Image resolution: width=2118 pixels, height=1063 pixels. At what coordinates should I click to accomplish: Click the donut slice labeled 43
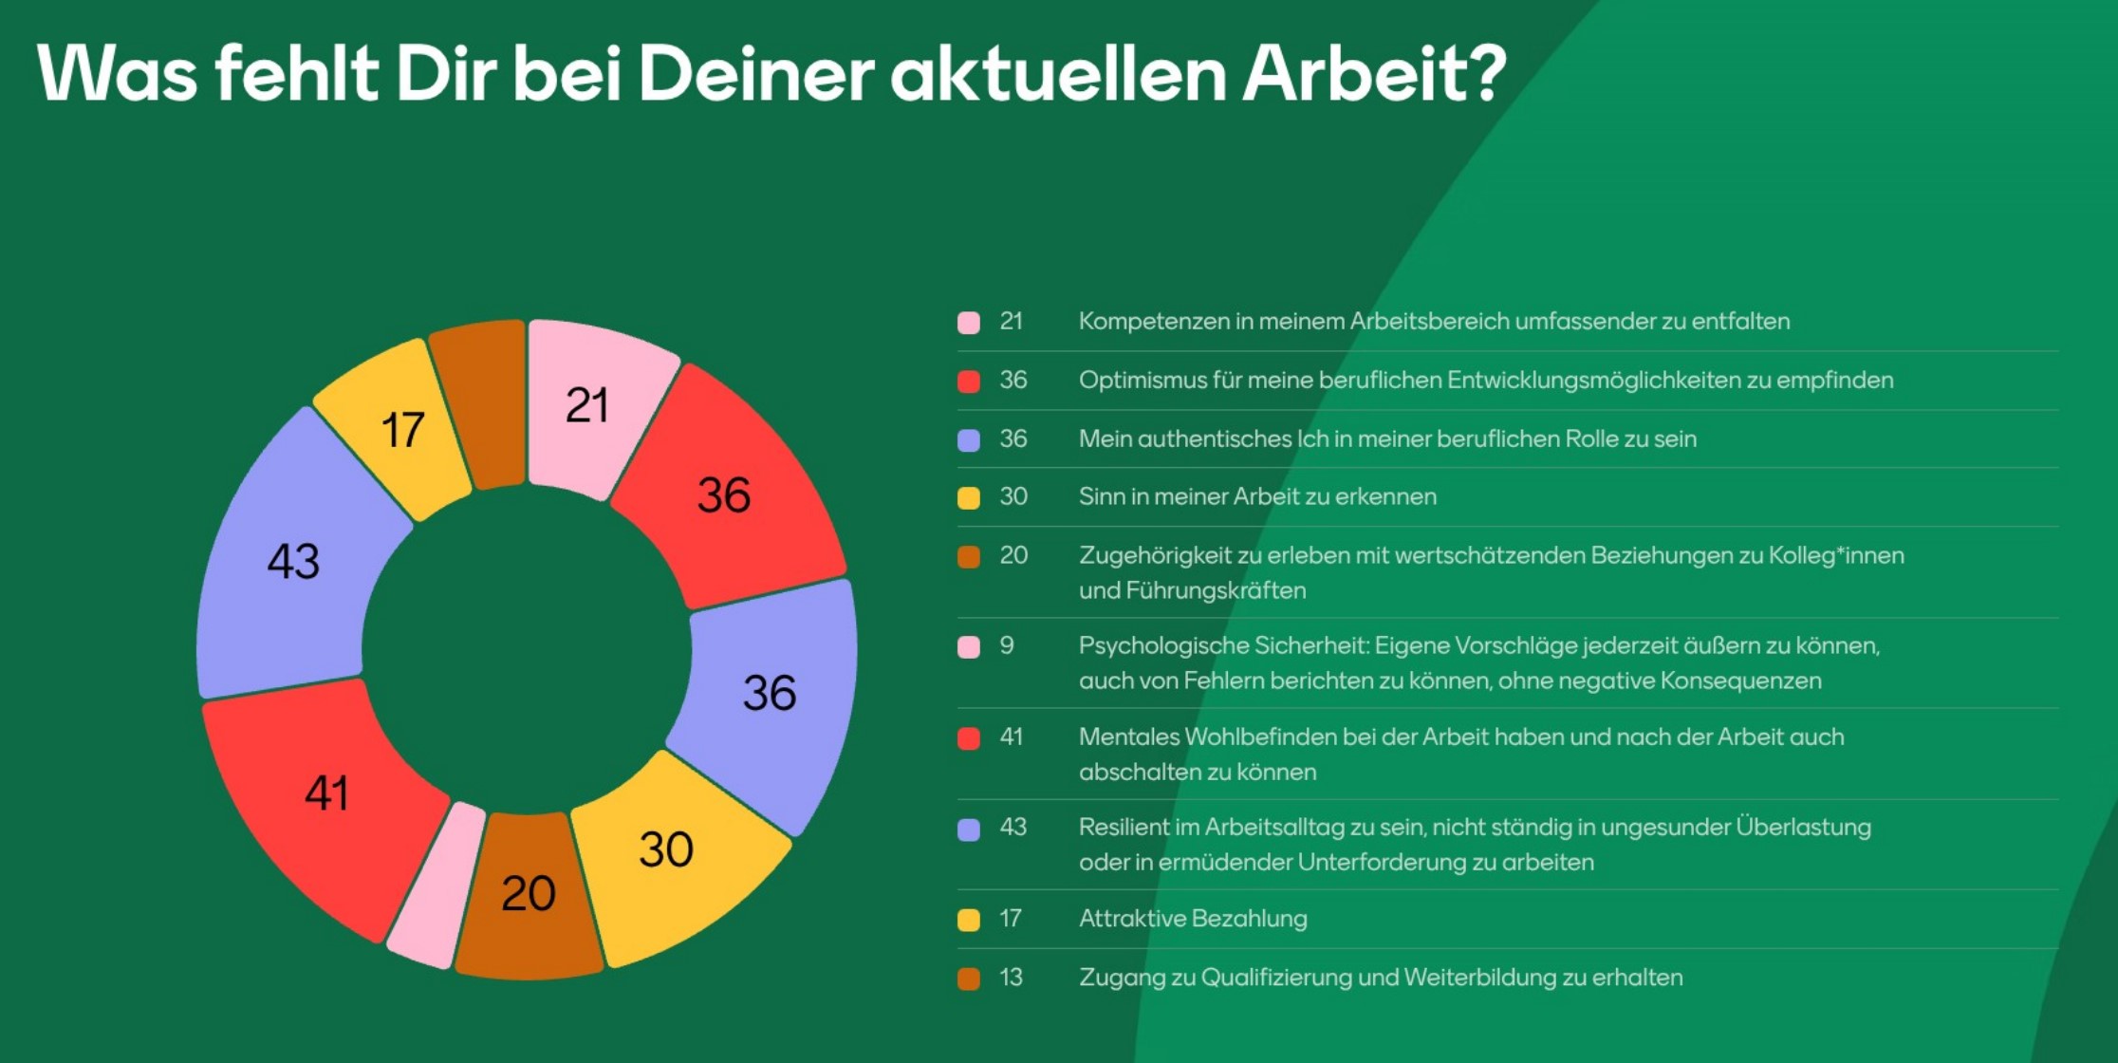(285, 560)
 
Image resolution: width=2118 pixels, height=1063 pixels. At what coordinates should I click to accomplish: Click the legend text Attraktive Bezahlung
(1193, 919)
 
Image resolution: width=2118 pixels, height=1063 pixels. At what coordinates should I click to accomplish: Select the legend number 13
(1011, 978)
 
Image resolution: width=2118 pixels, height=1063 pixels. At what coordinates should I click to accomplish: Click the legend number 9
(1007, 646)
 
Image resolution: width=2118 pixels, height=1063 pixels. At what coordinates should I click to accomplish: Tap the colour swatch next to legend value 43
(969, 830)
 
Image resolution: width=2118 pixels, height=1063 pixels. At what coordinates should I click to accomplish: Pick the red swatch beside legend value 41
(969, 738)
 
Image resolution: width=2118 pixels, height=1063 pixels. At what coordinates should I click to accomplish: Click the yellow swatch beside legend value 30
(969, 498)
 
